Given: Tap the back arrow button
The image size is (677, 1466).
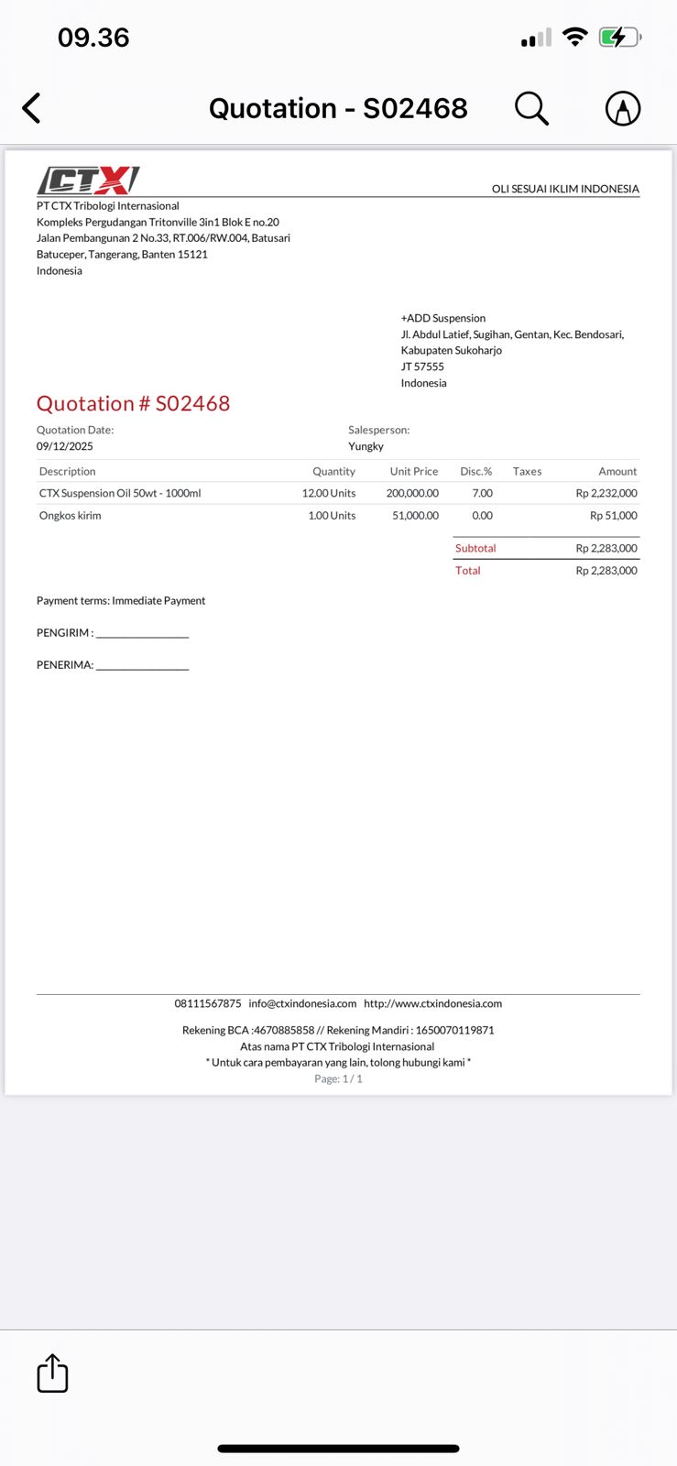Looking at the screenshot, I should coord(32,108).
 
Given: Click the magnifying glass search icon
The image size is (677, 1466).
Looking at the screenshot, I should coord(531,108).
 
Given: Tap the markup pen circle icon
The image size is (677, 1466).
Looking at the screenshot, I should coord(623,108).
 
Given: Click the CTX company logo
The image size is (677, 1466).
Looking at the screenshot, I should coord(88,180).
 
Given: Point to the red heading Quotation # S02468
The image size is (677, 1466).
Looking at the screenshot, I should coord(133,403).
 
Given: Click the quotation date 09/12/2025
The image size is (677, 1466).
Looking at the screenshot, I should coord(65,446).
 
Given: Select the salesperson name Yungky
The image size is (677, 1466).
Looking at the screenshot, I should coord(366,446).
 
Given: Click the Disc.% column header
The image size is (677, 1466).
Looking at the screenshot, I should coord(475,471).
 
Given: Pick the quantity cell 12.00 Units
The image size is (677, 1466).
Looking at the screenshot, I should coord(329,493).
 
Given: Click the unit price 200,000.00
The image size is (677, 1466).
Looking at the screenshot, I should coord(412,493).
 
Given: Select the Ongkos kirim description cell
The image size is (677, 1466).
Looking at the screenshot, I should coord(71,516).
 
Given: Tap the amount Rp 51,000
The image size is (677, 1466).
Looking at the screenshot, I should coord(614,516).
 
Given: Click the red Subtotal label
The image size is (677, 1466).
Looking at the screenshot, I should coord(475,548).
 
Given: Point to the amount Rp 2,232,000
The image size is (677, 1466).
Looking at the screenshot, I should coord(606,493).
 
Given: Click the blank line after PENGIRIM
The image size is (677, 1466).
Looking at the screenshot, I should coord(142,634).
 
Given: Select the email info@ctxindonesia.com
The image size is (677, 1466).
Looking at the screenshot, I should coord(302,1003).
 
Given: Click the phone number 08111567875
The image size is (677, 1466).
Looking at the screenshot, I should coord(208,1003).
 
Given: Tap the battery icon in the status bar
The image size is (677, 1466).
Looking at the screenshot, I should coord(619,38).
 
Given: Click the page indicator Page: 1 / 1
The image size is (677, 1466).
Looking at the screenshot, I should coord(338,1078).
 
